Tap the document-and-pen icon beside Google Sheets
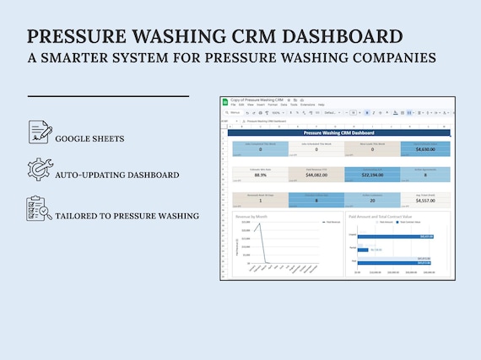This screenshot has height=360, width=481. coord(39,132)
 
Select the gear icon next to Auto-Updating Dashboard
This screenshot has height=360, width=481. coord(39,169)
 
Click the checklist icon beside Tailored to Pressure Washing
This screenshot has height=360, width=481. coord(39,209)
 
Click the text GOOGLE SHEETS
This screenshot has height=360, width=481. coord(89,138)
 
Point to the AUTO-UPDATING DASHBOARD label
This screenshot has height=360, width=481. coord(117,175)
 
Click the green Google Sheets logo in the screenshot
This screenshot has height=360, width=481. coord(225,102)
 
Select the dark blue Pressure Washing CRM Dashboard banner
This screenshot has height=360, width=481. coord(338,133)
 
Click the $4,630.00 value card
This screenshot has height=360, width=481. coord(424,148)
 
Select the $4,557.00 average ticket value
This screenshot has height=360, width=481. coord(424,201)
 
